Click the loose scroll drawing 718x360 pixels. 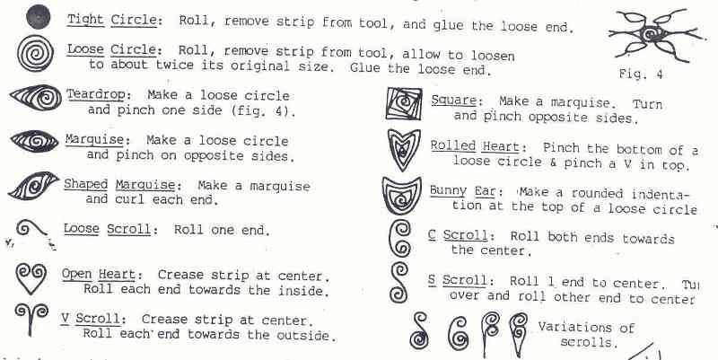point(32,231)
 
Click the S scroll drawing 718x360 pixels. point(401,282)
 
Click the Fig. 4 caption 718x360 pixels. point(640,73)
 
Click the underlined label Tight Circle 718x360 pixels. point(109,21)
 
